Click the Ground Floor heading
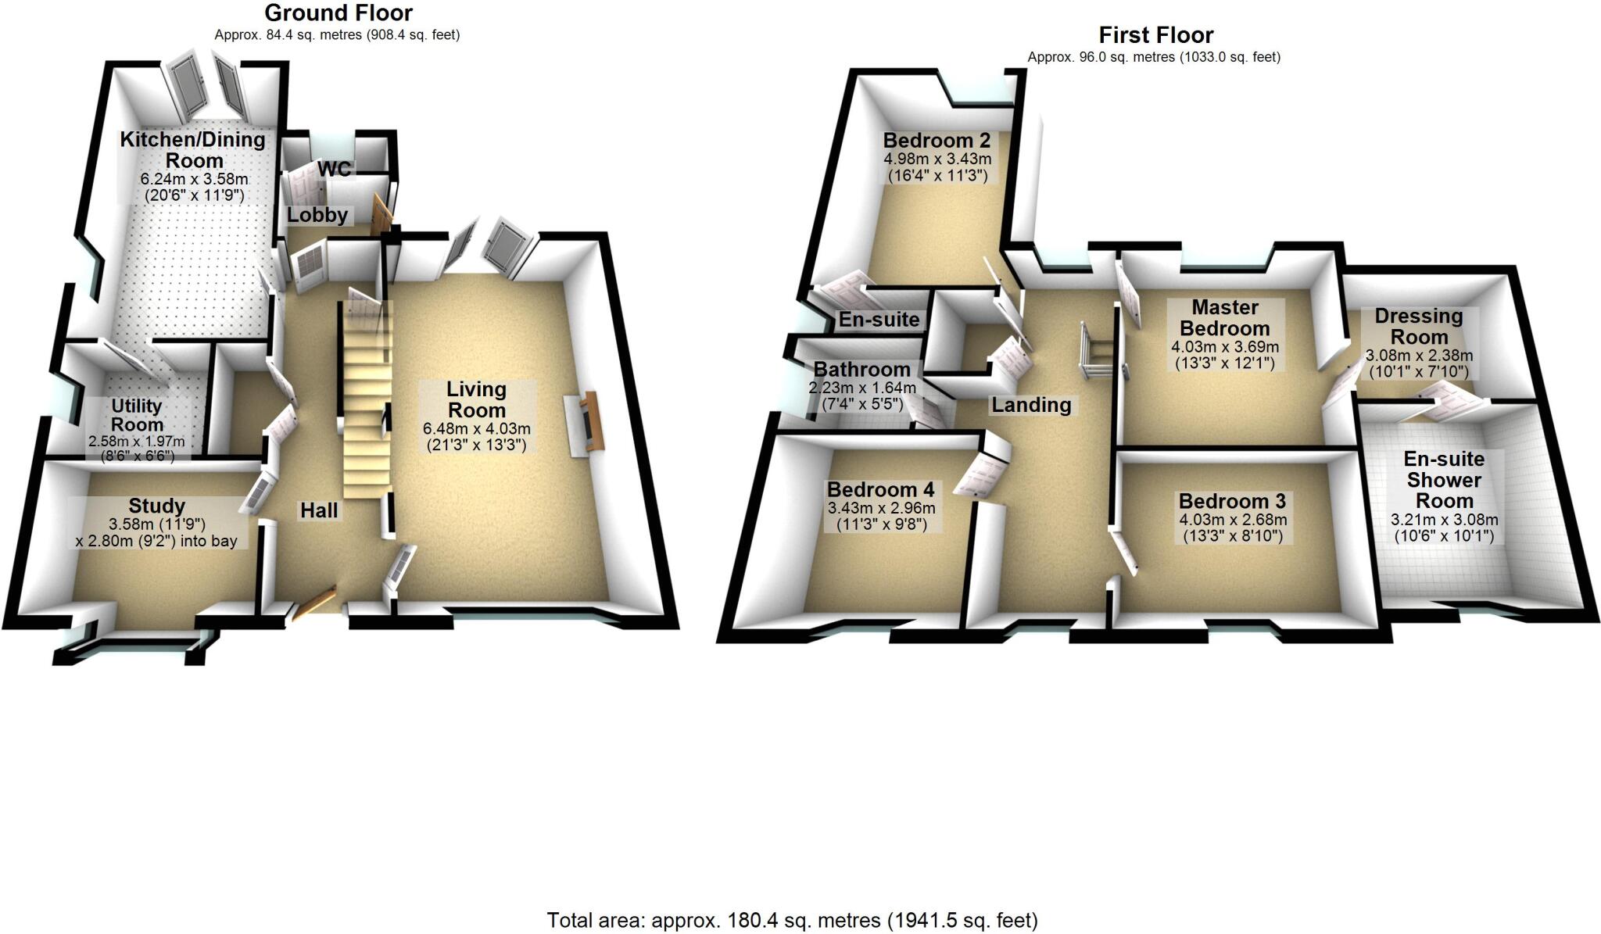click(x=338, y=13)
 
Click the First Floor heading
click(x=1155, y=35)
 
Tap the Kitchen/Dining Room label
click(x=193, y=150)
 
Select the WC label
click(x=334, y=169)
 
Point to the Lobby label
click(x=317, y=215)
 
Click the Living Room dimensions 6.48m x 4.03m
click(x=476, y=428)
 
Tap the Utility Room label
click(x=137, y=415)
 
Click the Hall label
click(x=319, y=510)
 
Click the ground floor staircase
click(x=366, y=406)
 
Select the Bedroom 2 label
click(x=937, y=141)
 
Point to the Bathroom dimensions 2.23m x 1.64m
click(x=862, y=388)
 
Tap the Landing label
click(x=1031, y=404)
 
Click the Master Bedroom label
click(x=1224, y=317)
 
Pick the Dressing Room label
click(x=1419, y=326)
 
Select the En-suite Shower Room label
click(x=1444, y=479)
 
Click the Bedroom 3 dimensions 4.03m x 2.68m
click(x=1232, y=520)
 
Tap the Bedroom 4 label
click(x=880, y=489)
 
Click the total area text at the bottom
click(x=792, y=921)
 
